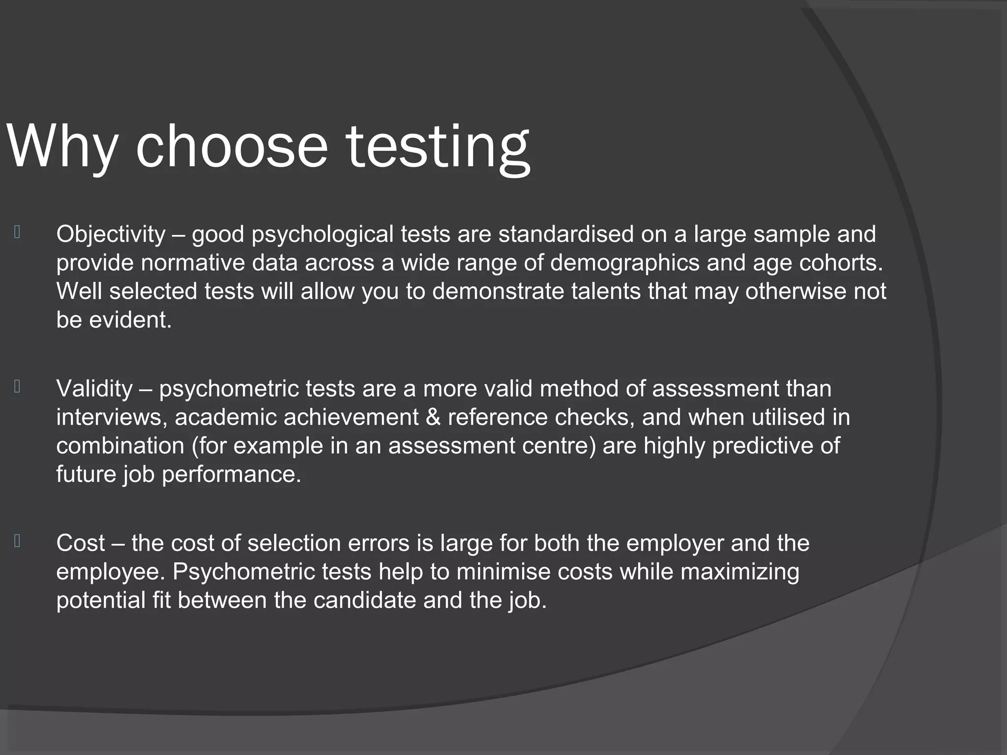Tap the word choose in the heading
click(x=231, y=146)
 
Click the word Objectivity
click(x=111, y=234)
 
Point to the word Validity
click(x=94, y=389)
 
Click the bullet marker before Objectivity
click(x=17, y=232)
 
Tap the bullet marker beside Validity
click(x=17, y=387)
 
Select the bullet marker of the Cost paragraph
click(x=17, y=541)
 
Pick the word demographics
click(x=624, y=263)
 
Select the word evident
click(x=130, y=320)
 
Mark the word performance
click(x=231, y=475)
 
